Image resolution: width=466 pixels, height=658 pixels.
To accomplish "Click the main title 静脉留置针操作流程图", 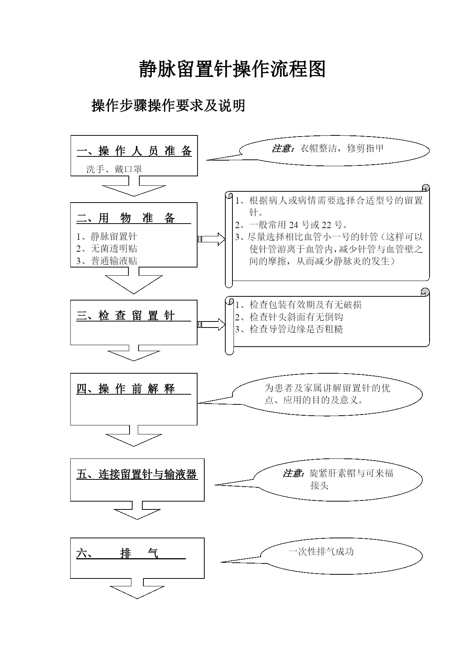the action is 232,69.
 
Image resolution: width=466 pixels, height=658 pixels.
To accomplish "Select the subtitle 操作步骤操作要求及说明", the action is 168,105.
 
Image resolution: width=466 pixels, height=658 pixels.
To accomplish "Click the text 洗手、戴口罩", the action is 114,169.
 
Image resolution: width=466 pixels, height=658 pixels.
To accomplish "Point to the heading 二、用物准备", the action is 126,218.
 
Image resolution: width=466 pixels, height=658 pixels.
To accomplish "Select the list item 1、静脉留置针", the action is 107,236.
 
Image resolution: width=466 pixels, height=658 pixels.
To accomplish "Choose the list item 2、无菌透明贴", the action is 107,248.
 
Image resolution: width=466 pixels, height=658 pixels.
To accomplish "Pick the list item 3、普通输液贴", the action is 107,261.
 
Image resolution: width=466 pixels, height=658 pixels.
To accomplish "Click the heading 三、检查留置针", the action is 126,315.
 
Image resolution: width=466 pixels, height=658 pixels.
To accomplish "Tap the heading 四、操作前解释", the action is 126,389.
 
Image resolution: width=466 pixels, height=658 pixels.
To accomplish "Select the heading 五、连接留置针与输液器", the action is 137,474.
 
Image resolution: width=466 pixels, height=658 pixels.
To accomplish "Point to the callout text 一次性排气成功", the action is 321,551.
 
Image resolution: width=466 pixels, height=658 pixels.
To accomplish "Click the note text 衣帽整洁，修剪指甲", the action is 342,148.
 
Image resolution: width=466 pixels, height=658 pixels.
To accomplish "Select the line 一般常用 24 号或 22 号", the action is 291,225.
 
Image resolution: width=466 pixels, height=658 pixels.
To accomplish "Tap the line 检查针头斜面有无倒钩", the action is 289,317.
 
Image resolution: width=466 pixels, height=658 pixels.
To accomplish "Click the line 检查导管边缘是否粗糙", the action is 289,329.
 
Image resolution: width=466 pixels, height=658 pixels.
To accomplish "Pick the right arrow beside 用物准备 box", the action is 211,239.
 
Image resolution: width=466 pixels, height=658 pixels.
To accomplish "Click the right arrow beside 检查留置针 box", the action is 211,324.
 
